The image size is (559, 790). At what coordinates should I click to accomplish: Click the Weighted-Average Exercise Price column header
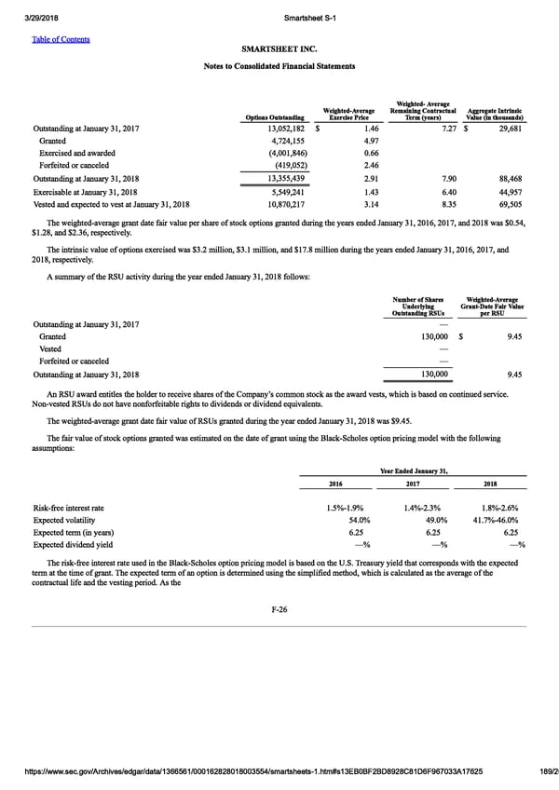(348, 116)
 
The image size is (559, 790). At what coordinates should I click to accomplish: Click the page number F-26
(279, 609)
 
